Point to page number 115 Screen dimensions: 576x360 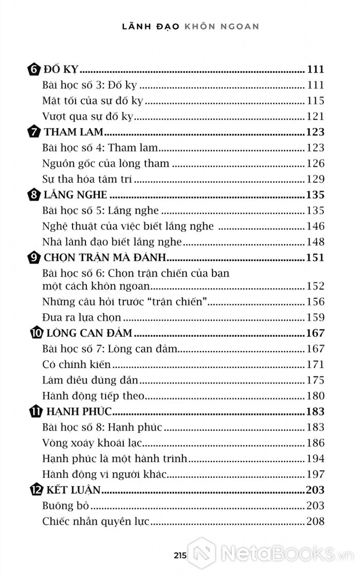[x=315, y=101]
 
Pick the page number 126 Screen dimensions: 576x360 [x=315, y=164]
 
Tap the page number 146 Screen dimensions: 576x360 [x=315, y=226]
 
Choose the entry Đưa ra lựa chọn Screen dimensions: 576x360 [x=82, y=317]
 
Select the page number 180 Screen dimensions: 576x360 [x=315, y=395]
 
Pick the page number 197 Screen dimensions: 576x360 [x=315, y=474]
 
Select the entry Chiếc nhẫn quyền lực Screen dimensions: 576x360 [x=96, y=521]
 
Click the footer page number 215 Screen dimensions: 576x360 [x=179, y=555]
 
